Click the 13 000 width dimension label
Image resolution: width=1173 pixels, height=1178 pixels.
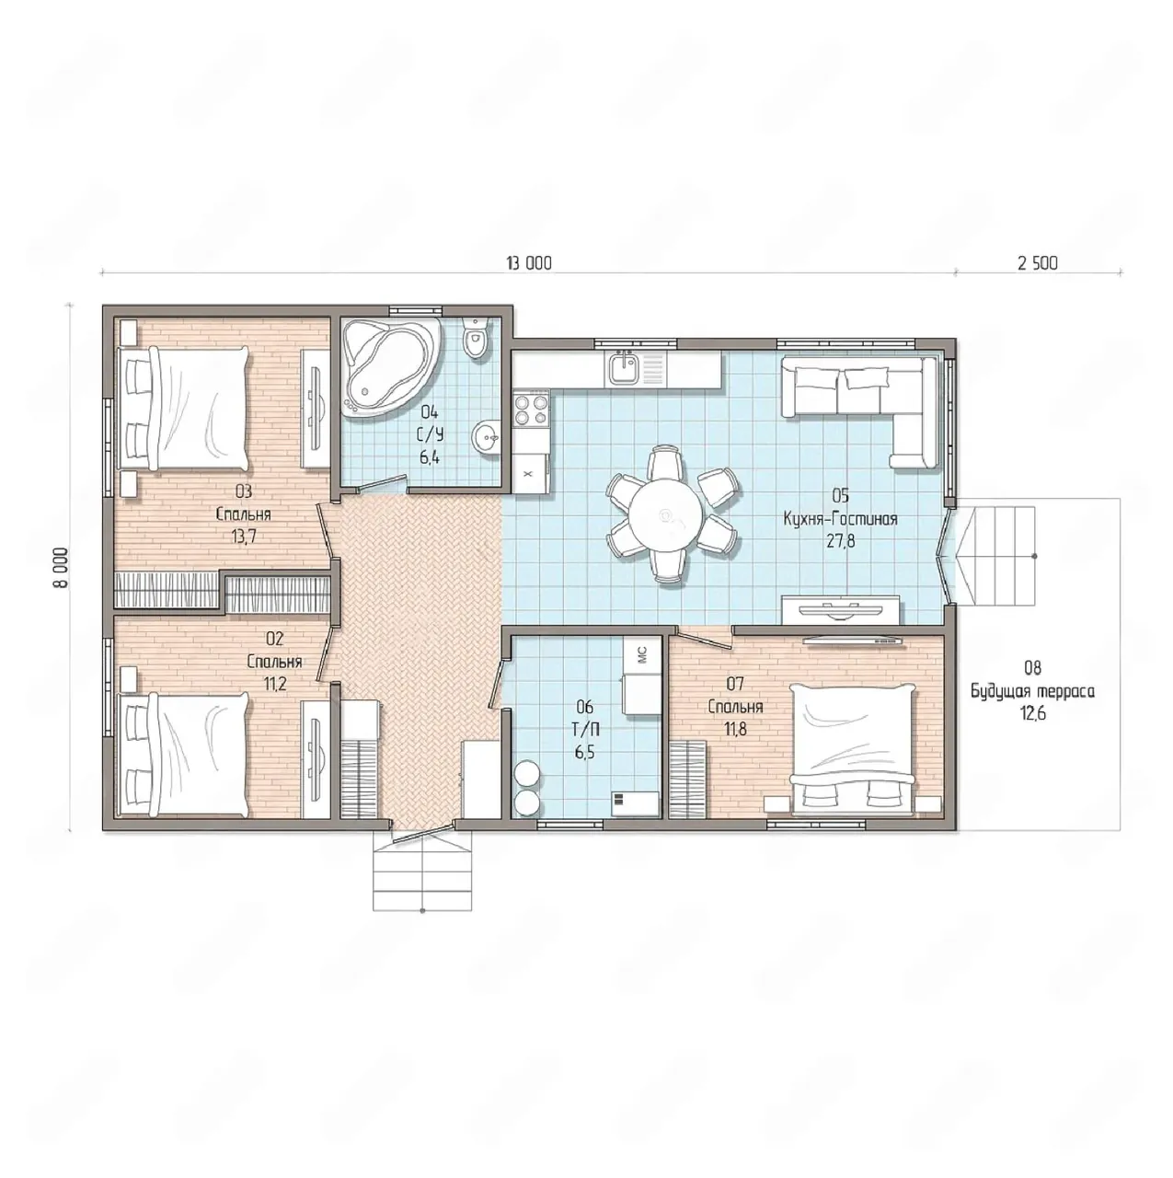click(x=529, y=263)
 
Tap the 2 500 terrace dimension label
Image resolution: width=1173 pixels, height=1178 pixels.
click(x=1038, y=263)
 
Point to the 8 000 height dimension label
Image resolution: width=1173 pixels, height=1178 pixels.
click(x=61, y=567)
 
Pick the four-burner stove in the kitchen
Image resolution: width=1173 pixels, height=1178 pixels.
click(x=531, y=410)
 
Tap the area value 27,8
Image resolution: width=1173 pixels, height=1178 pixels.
click(x=841, y=541)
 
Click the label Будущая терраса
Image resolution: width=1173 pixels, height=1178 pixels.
click(x=1032, y=691)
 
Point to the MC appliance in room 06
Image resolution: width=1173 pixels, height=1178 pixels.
click(x=642, y=656)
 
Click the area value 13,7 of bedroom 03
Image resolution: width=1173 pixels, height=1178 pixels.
click(x=243, y=537)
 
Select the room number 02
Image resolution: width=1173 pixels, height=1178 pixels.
click(x=274, y=639)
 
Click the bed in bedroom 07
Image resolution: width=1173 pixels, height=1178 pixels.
click(x=852, y=750)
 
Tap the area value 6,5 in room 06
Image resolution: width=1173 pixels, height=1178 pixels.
click(x=584, y=752)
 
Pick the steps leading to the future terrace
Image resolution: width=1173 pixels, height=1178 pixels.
click(x=995, y=556)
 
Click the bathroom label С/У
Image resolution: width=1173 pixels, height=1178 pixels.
click(x=431, y=434)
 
